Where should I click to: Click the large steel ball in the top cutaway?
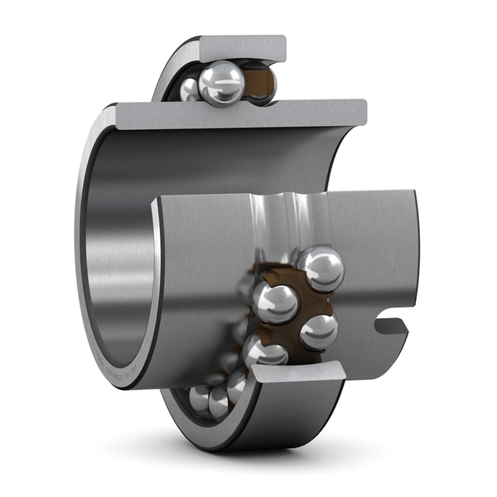[x=221, y=84]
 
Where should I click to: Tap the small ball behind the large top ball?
[x=190, y=88]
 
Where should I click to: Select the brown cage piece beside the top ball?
[x=263, y=84]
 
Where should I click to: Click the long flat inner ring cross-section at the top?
[x=240, y=114]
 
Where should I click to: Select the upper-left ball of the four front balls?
[x=276, y=302]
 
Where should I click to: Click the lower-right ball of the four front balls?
[x=318, y=331]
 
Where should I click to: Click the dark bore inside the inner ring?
[x=124, y=248]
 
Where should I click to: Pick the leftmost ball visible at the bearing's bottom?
[x=199, y=398]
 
